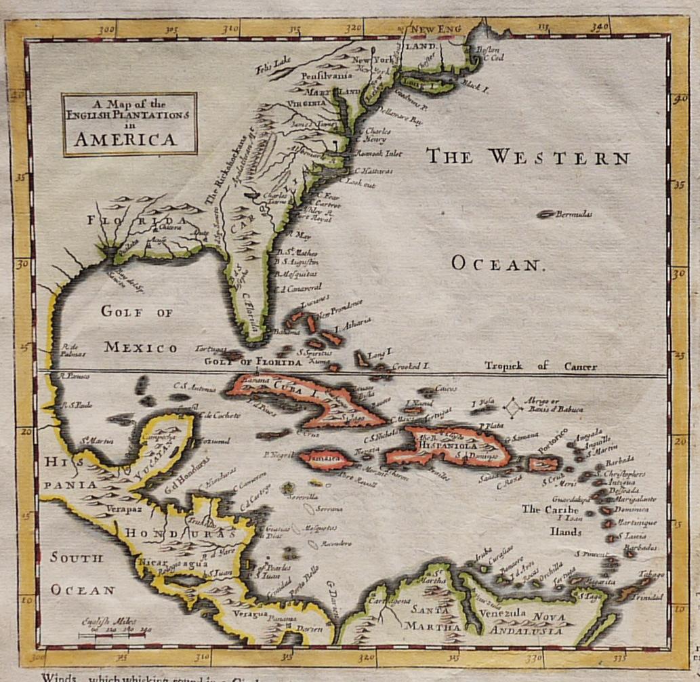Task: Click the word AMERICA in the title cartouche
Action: [125, 139]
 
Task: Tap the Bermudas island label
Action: [573, 214]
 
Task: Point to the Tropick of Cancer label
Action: [540, 366]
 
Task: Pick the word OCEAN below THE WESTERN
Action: [497, 264]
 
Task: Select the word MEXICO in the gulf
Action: [140, 347]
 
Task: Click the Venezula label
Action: [502, 613]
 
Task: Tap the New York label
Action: [373, 60]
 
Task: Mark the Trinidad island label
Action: [647, 597]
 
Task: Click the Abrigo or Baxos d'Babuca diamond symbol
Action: [514, 407]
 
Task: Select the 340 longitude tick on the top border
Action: [600, 28]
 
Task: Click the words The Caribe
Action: [550, 509]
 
